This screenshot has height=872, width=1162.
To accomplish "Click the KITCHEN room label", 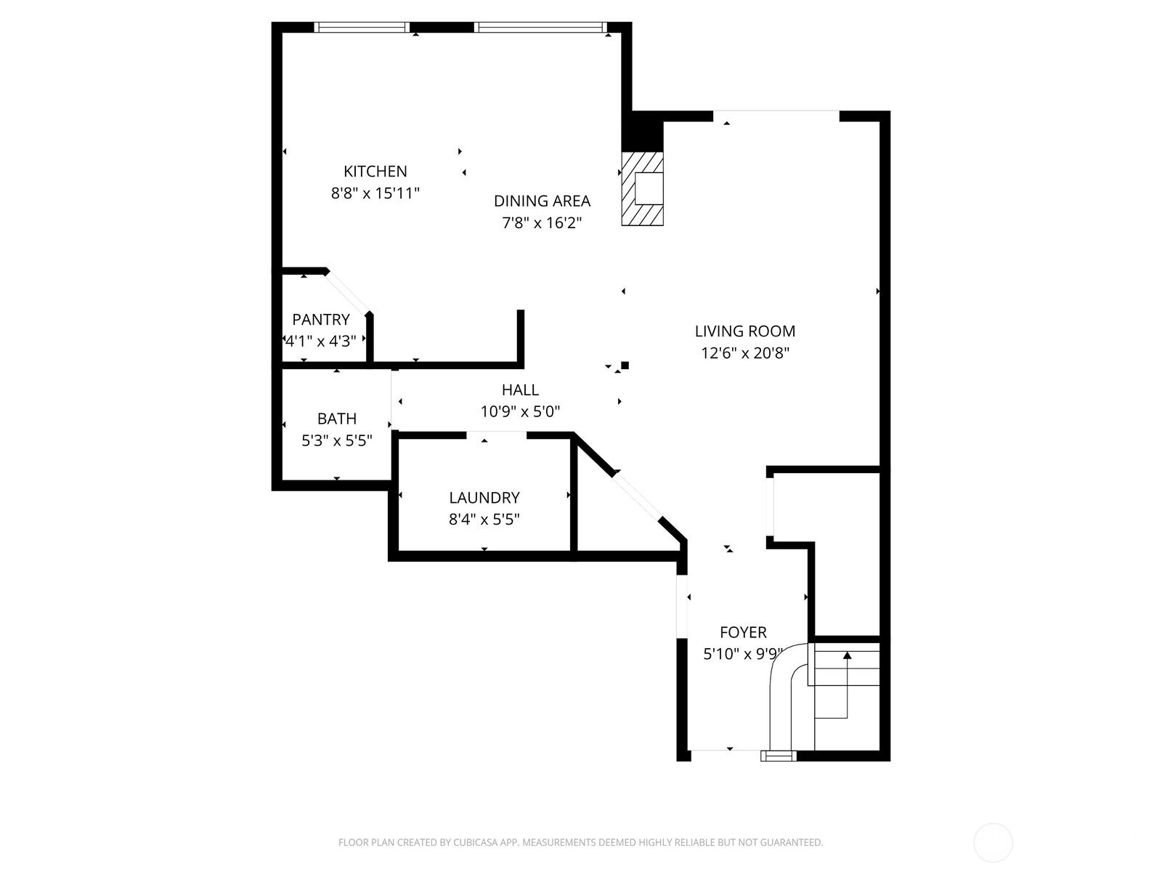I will pos(375,171).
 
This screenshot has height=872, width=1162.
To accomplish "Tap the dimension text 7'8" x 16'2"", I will pos(542,223).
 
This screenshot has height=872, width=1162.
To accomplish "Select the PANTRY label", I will pos(321,320).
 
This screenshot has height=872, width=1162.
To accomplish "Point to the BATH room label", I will pos(337,419).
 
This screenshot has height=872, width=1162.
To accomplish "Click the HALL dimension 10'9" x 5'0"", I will pos(520,412).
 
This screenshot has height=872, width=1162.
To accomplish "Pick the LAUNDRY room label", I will pos(484,498).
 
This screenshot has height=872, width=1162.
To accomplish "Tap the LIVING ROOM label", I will pos(745,331).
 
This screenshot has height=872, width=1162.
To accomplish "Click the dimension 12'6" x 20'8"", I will pos(745,354).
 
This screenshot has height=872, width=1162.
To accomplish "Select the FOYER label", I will pos(743,632).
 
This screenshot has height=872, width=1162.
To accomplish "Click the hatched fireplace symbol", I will pos(643,189).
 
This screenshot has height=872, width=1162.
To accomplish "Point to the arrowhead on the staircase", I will pos(847,655).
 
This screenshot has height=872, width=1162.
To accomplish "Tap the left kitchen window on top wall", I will pos(362,28).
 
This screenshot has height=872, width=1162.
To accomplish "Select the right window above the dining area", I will pos(540,28).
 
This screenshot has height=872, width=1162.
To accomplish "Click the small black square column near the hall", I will pos(625,365).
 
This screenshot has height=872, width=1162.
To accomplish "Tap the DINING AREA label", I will pos(542,201).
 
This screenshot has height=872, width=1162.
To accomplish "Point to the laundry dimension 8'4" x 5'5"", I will pos(484,520).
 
